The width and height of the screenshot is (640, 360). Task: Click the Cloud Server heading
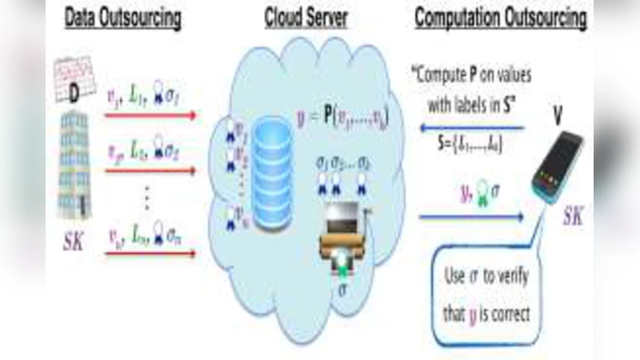pyautogui.click(x=307, y=18)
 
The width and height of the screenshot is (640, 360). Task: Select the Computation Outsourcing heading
pyautogui.click(x=499, y=18)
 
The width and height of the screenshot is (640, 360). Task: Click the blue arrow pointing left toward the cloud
pyautogui.click(x=472, y=126)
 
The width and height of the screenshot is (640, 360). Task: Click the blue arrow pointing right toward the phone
pyautogui.click(x=472, y=216)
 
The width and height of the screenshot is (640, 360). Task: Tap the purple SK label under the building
pyautogui.click(x=73, y=240)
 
